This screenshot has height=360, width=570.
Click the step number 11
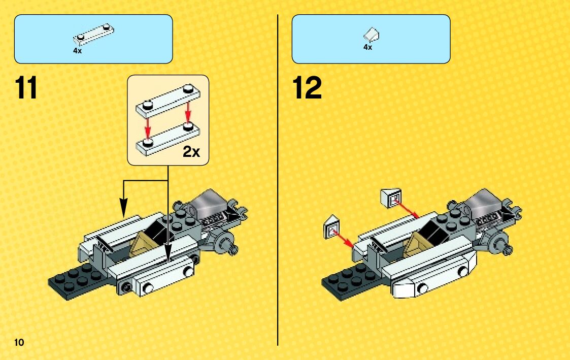coord(26,88)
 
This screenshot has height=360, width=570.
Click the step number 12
coord(307,88)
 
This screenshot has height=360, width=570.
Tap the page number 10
coord(19,342)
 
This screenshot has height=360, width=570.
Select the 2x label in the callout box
coord(191,152)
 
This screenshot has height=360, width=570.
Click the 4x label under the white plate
coord(78,51)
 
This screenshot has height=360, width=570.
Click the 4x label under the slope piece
coord(367,47)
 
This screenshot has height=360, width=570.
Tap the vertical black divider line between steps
coord(278,178)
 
